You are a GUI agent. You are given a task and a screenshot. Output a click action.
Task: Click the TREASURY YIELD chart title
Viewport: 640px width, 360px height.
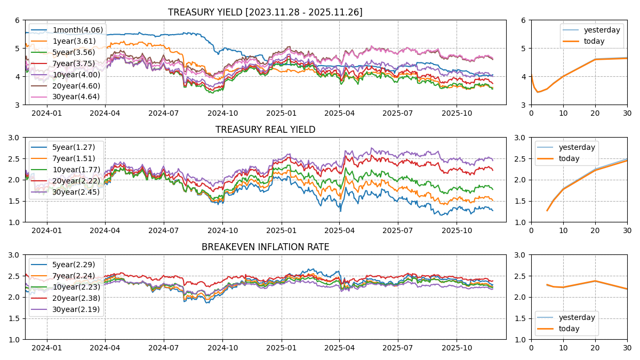(265, 12)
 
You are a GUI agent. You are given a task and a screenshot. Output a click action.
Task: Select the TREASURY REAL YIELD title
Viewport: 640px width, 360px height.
(265, 130)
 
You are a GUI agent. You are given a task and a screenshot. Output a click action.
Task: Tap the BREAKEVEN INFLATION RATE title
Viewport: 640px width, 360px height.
(265, 247)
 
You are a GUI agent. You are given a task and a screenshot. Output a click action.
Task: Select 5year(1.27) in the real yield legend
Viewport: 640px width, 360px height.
(74, 147)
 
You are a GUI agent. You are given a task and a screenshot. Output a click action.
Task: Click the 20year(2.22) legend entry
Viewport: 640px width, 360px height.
(75, 181)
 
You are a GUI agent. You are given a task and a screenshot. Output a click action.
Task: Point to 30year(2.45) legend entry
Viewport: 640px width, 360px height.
(75, 192)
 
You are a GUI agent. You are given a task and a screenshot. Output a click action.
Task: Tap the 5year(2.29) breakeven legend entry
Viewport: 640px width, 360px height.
(74, 265)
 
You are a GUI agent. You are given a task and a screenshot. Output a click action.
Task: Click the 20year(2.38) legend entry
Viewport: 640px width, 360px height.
(75, 298)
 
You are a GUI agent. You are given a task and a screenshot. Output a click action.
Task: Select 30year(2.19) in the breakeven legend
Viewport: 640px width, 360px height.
(75, 309)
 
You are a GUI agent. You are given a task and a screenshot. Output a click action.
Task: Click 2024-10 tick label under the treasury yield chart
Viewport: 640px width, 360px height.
(222, 113)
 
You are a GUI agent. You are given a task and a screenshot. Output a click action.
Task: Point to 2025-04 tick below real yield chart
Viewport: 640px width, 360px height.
(339, 230)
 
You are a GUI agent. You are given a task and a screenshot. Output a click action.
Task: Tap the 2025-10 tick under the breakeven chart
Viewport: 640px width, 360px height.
(457, 348)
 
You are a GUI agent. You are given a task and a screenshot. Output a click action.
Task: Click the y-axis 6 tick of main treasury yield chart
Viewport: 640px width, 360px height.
(18, 20)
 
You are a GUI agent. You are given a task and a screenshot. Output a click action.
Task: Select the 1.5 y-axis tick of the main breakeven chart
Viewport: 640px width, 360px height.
(15, 318)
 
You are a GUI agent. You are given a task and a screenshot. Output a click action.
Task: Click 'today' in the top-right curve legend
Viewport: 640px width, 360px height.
(594, 41)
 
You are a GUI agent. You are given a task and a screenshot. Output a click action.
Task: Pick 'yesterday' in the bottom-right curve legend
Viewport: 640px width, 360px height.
(577, 317)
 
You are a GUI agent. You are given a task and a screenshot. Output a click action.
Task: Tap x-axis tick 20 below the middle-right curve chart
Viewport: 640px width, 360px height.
(595, 230)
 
